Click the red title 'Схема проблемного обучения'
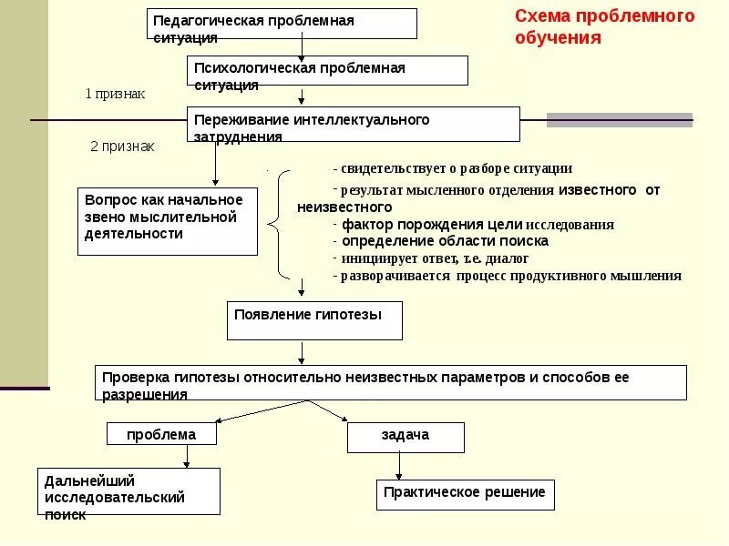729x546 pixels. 604,26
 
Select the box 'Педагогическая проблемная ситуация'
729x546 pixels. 282,24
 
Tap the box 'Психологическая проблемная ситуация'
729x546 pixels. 328,71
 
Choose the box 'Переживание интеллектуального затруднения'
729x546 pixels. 354,125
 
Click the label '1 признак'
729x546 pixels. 115,94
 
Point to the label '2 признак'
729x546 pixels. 122,146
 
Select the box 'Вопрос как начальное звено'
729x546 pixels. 169,221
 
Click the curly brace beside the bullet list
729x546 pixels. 279,223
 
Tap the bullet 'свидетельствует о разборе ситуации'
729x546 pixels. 453,168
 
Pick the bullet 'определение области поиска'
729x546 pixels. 441,241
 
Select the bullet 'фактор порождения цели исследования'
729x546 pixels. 474,225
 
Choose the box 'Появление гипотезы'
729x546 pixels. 314,320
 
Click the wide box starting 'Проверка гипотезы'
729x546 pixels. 391,382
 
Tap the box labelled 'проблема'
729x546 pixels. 163,434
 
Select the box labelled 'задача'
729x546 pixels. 406,437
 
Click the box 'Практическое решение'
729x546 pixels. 465,494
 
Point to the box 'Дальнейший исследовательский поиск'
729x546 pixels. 128,491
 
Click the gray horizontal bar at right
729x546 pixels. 619,119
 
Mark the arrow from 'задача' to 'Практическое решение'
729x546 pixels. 398,466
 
